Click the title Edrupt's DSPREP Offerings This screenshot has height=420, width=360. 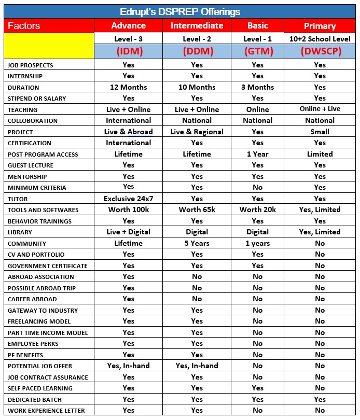(x=179, y=11)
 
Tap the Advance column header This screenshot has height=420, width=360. (x=128, y=25)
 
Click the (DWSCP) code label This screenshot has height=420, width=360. (x=320, y=51)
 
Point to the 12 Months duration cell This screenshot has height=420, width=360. (x=128, y=87)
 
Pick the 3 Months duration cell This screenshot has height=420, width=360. (x=258, y=87)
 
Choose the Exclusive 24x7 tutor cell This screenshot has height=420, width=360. (x=128, y=199)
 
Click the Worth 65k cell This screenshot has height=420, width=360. (x=197, y=209)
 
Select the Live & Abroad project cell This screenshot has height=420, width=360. (x=128, y=132)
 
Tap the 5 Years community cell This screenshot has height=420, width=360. (x=197, y=243)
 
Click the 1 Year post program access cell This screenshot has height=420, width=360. (x=258, y=154)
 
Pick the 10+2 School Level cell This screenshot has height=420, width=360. (x=320, y=39)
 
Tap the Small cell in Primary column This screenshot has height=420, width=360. (x=320, y=132)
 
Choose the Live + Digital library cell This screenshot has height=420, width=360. (x=128, y=232)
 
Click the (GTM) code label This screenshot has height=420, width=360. (x=258, y=51)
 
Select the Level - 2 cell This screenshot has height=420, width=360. (x=197, y=39)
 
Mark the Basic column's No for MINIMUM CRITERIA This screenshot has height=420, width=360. (x=258, y=188)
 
